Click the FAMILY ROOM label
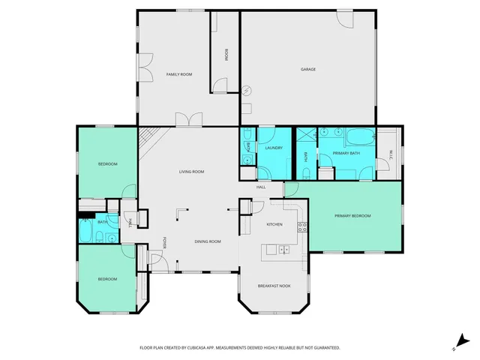tap(180, 74)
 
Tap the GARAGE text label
tap(308, 69)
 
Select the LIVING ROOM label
tap(191, 172)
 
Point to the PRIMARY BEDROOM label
tap(352, 216)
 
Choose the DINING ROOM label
tap(208, 241)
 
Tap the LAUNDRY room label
tap(273, 148)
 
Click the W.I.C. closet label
tap(390, 154)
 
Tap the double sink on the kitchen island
tap(283, 250)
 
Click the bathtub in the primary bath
tap(361, 138)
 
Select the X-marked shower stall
tap(306, 135)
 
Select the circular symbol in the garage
tap(247, 91)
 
